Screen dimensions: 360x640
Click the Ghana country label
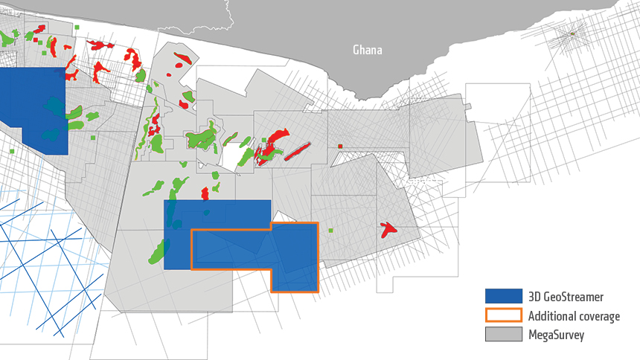[368, 51]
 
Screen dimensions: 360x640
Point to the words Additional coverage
[571, 316]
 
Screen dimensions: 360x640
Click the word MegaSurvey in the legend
[555, 335]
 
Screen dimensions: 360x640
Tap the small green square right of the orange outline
[331, 231]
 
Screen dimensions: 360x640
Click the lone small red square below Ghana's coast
[339, 147]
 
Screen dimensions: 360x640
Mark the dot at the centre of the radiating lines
[572, 34]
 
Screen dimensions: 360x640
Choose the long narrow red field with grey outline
[296, 152]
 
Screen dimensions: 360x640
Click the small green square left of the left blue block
[11, 151]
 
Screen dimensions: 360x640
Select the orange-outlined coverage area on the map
[294, 257]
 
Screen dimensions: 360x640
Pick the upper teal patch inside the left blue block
[54, 105]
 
